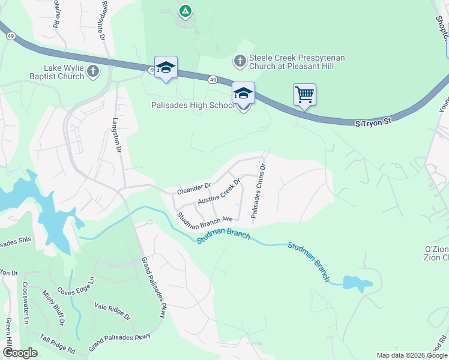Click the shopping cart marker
[304, 95]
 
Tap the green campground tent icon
[185, 10]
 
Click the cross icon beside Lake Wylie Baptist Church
[93, 72]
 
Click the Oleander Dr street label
[194, 188]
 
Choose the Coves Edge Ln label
[76, 287]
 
